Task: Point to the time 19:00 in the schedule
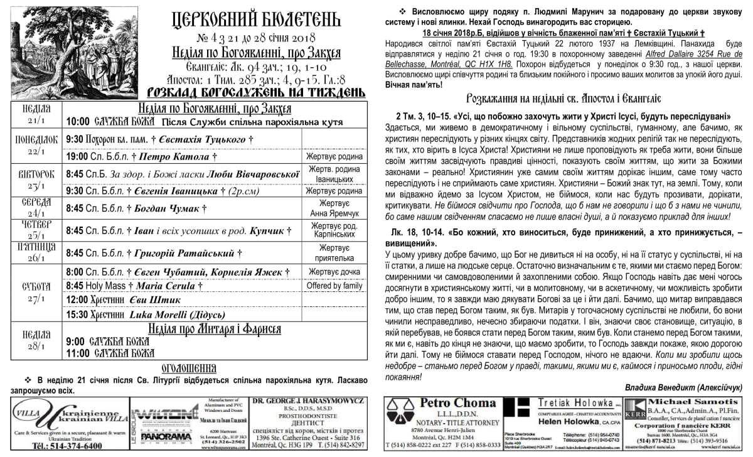(78, 156)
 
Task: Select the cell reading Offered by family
(334, 286)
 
